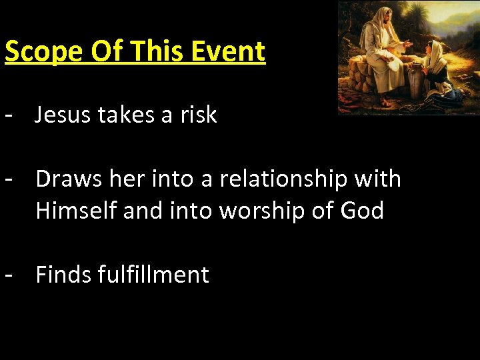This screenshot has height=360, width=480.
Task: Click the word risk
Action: [x=198, y=115]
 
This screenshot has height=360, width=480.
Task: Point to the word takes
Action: [x=127, y=115]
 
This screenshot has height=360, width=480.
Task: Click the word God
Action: [x=362, y=211]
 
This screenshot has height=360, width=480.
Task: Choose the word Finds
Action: [x=63, y=274]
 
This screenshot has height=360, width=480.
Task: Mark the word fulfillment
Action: [x=153, y=274]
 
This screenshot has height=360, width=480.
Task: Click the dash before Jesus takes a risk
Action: [x=9, y=115]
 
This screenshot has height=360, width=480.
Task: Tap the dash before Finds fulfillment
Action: [x=9, y=274]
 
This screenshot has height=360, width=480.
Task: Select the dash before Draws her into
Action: [x=9, y=179]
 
